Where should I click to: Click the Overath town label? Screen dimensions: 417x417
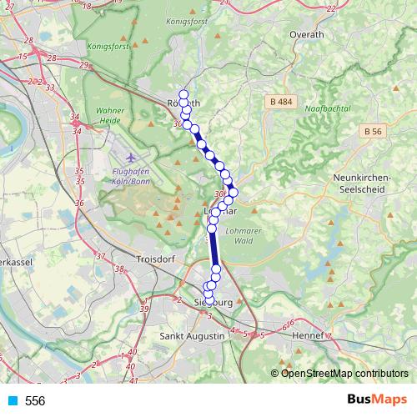[305, 34]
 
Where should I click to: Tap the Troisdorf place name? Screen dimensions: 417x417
[155, 259]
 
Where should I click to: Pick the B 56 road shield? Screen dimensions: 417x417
[373, 131]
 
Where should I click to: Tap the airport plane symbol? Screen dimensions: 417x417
[129, 157]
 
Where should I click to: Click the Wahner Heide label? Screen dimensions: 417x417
[110, 115]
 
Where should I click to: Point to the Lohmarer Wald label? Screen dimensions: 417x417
[248, 236]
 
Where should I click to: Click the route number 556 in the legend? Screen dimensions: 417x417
[35, 401]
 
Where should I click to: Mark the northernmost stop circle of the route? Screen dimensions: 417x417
[183, 94]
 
